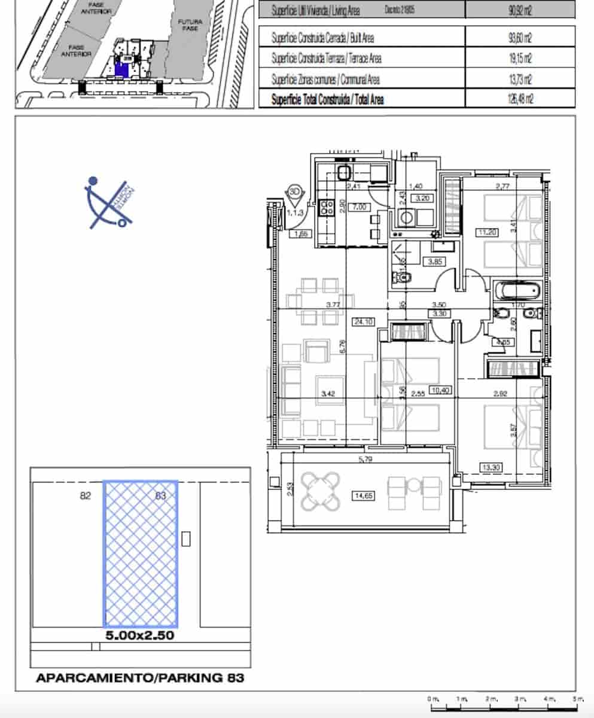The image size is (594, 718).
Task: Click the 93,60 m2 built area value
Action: coord(520,38)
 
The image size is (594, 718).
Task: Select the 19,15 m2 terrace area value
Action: coord(520,59)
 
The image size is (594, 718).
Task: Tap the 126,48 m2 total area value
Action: coord(519,99)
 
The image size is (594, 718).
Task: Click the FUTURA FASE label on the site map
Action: coord(190,25)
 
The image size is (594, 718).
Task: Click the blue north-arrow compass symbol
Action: coord(108,204)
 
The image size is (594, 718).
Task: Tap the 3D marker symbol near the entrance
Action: coord(294,192)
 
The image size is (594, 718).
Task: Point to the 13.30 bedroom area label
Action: coord(490,467)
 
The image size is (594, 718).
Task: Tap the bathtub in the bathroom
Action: coord(518,291)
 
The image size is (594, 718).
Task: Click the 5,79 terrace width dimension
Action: coord(365,460)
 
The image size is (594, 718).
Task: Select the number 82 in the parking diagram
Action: coord(86,495)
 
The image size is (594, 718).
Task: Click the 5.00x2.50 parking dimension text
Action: coord(140,635)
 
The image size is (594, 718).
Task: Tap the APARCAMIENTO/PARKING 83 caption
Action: coord(140,678)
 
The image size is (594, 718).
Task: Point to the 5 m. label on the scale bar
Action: coord(577,699)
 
